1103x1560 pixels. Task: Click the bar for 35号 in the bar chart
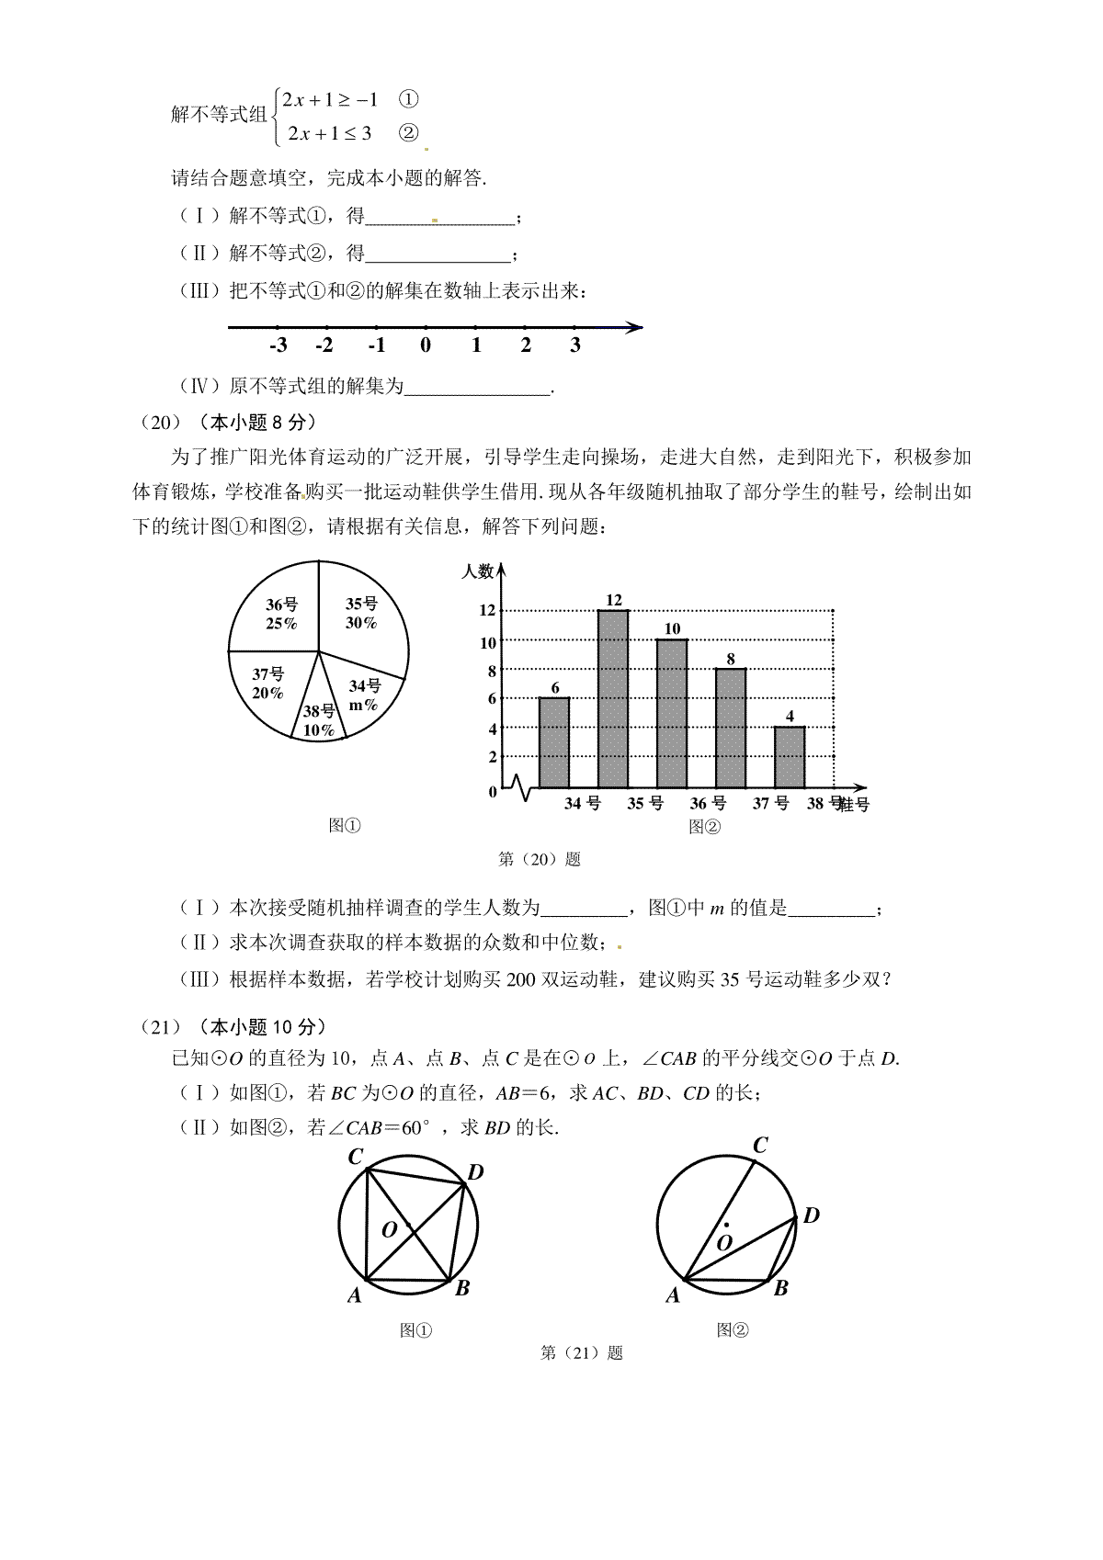pyautogui.click(x=613, y=698)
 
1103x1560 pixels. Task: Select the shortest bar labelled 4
pyautogui.click(x=789, y=757)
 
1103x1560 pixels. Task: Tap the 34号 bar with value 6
pyautogui.click(x=554, y=742)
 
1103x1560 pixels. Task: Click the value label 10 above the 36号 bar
pyautogui.click(x=672, y=628)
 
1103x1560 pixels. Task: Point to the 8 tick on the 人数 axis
pyautogui.click(x=492, y=671)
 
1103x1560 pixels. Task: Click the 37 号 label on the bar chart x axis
pyautogui.click(x=770, y=804)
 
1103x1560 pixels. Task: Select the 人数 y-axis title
pyautogui.click(x=477, y=571)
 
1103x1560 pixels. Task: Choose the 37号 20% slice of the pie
pyautogui.click(x=267, y=684)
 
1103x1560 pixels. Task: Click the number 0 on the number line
pyautogui.click(x=426, y=345)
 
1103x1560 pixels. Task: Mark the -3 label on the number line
pyautogui.click(x=278, y=345)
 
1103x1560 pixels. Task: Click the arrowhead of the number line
pyautogui.click(x=632, y=327)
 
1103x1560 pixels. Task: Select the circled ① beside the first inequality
pyautogui.click(x=410, y=98)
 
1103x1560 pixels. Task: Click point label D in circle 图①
pyautogui.click(x=475, y=1172)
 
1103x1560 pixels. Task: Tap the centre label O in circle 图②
pyautogui.click(x=723, y=1242)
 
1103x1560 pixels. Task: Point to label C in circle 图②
pyautogui.click(x=760, y=1146)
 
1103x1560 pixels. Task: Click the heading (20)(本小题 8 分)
pyautogui.click(x=228, y=423)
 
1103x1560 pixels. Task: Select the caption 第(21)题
pyautogui.click(x=582, y=1352)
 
